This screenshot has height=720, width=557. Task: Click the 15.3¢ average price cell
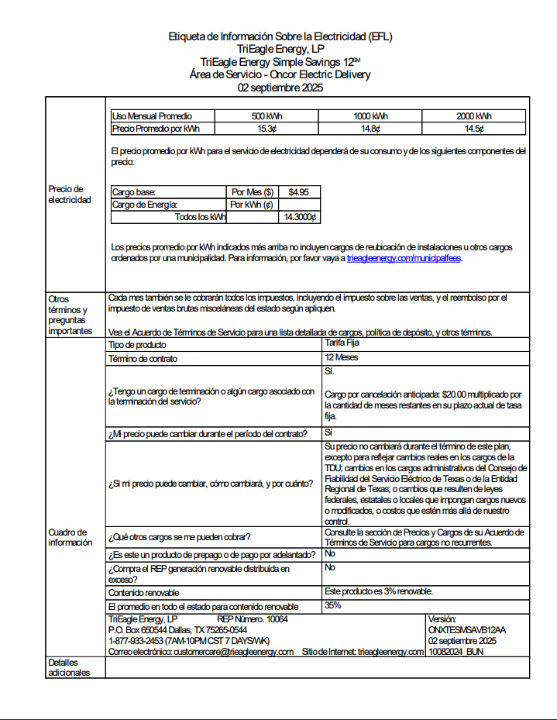(266, 129)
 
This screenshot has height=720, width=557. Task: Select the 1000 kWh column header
(370, 116)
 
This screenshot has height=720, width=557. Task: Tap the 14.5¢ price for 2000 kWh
(474, 129)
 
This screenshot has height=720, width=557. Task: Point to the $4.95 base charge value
(299, 191)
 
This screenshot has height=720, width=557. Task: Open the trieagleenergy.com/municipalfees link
(404, 259)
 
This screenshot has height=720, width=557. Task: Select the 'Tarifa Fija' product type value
(342, 343)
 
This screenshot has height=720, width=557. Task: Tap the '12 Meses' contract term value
(342, 358)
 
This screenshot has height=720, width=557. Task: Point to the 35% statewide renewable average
(333, 605)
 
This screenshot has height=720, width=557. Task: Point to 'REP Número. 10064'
(253, 619)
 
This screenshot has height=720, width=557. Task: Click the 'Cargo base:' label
(134, 191)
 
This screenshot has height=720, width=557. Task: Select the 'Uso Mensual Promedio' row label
(152, 116)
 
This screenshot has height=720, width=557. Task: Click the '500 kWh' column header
(266, 116)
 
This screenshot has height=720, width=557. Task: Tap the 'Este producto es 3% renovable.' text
(379, 591)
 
